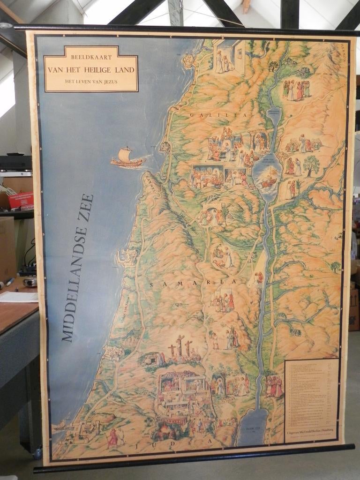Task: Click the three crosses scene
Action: pyautogui.click(x=180, y=348)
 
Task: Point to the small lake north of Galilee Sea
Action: pyautogui.click(x=273, y=114)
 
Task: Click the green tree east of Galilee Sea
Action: pyautogui.click(x=311, y=164)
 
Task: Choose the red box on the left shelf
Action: pyautogui.click(x=22, y=200)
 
